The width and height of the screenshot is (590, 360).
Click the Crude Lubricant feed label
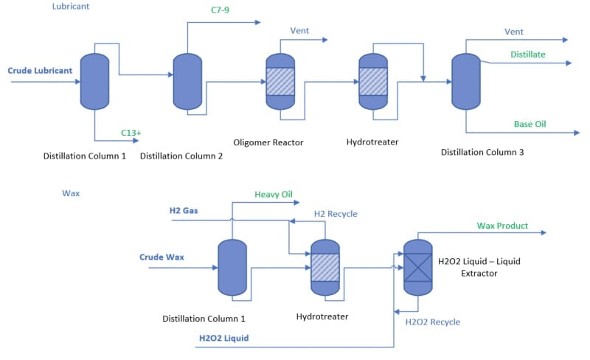[x=40, y=71]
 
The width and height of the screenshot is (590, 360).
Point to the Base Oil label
[x=530, y=124]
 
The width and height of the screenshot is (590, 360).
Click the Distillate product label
[x=528, y=54]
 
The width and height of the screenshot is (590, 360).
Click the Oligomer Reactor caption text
[x=268, y=142]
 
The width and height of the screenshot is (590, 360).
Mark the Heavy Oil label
[x=274, y=194]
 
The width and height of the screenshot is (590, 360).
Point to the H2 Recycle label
[x=336, y=214]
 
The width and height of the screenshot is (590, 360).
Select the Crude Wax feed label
[x=162, y=257]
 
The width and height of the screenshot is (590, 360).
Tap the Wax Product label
[x=502, y=225]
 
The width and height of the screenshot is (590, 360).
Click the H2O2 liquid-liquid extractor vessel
[x=418, y=266]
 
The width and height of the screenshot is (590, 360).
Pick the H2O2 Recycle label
[x=433, y=322]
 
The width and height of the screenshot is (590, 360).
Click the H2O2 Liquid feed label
[x=223, y=339]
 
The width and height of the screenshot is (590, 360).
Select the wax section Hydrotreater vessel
[x=325, y=266]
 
